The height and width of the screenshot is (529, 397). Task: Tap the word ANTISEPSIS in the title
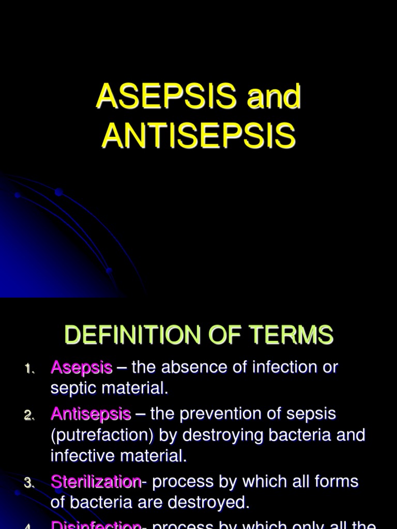pos(198,136)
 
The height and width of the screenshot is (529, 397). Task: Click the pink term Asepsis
pos(81,368)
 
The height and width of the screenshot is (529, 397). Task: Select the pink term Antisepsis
pos(90,414)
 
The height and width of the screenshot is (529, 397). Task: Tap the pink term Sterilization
pos(96,482)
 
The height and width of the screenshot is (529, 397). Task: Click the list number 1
pos(28,369)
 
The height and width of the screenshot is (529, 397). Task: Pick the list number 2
pos(28,415)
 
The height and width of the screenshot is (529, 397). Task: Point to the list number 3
pos(28,483)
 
